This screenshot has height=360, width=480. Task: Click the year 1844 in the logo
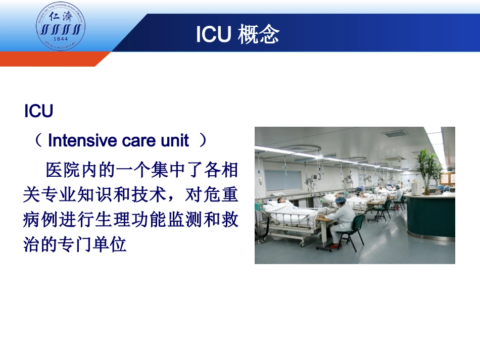tap(60, 39)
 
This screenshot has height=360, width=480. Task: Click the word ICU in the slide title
tap(213, 34)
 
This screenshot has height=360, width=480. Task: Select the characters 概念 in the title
tap(259, 34)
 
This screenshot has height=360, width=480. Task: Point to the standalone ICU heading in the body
tap(38, 111)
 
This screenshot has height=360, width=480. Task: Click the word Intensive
tap(82, 141)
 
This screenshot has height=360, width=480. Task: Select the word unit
tap(175, 141)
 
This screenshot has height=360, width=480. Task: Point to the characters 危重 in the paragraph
tap(220, 194)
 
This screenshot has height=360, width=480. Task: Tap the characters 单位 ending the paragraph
tap(109, 244)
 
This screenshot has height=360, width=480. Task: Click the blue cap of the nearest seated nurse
tap(341, 200)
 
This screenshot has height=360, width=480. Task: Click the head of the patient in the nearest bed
tap(281, 200)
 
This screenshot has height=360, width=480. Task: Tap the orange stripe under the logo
tap(52, 59)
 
